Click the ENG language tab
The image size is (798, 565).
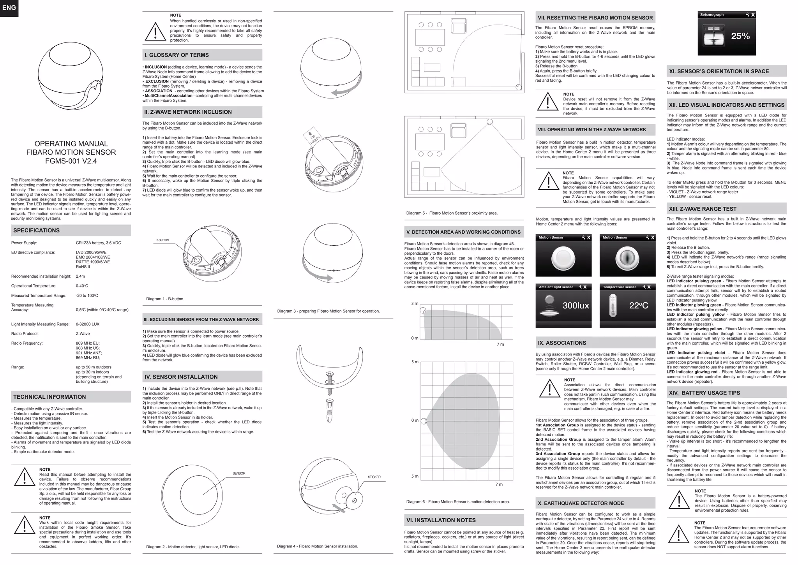point(9,8)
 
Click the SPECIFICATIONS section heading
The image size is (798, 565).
point(36,231)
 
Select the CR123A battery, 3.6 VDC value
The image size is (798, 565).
point(98,243)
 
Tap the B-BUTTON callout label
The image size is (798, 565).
point(162,240)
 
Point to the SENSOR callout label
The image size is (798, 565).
point(239,473)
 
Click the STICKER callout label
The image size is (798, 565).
point(374,477)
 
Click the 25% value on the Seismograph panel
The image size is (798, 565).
point(740,36)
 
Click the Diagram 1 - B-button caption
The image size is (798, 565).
point(165,299)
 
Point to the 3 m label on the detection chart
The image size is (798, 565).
point(415,304)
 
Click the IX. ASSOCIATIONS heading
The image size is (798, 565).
point(562,343)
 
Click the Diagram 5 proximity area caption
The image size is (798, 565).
point(452,213)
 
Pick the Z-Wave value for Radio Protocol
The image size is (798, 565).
point(83,334)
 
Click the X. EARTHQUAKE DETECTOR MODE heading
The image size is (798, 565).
point(581,503)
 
